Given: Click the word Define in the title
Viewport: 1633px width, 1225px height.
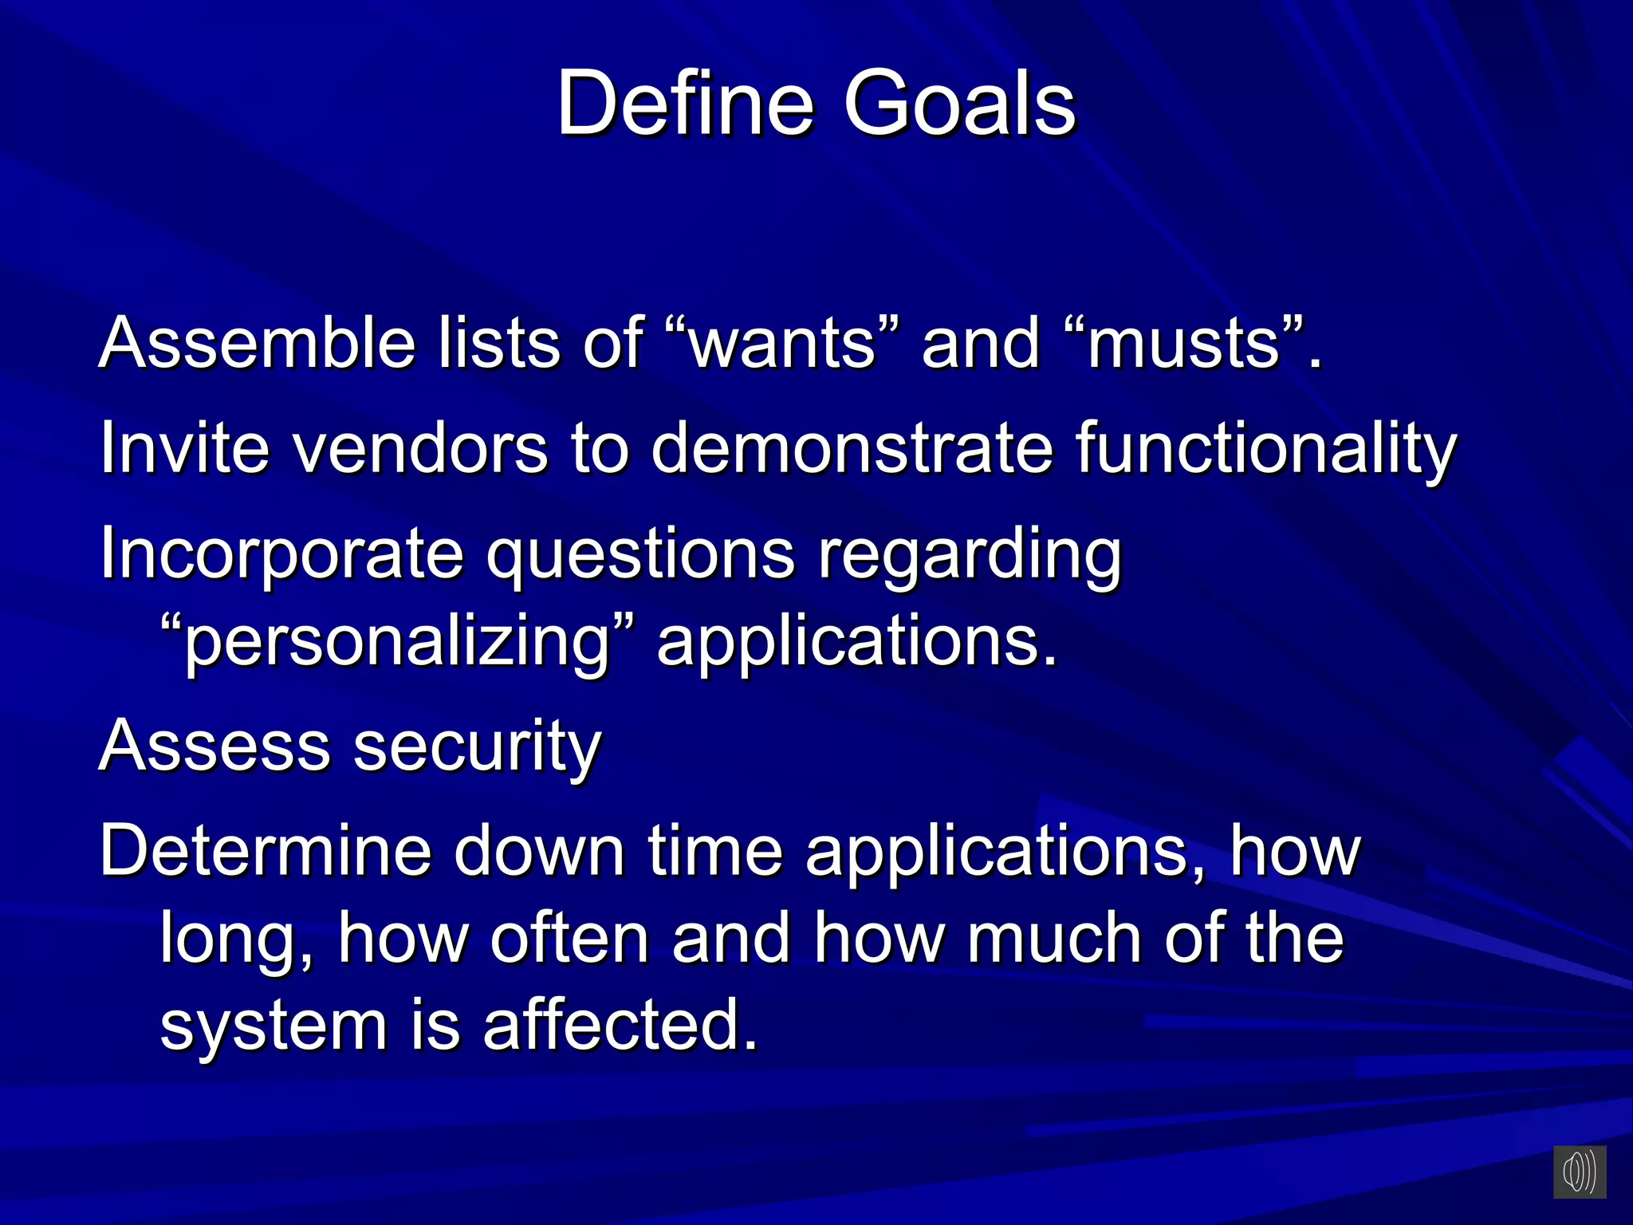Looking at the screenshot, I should coord(685,104).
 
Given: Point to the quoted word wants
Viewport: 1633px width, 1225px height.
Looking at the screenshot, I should coord(782,342).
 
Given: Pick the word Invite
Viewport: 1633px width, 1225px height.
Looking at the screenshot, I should coord(184,447).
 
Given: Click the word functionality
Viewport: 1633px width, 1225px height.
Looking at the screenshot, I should coord(1266,449).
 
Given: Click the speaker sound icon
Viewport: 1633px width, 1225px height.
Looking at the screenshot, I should coord(1579,1172).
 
